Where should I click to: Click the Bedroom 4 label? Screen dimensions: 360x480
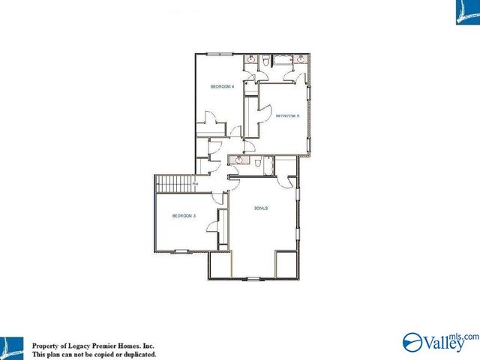point(223,87)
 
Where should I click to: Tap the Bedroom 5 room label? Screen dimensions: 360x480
point(287,115)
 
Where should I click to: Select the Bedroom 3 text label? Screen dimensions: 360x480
point(184,216)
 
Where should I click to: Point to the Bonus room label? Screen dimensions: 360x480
point(261,208)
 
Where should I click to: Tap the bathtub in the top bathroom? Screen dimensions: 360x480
point(283,60)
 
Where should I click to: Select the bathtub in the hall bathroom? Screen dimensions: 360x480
point(268,165)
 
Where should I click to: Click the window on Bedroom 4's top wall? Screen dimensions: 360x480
point(220,53)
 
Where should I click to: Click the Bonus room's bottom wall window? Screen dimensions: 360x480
point(253,278)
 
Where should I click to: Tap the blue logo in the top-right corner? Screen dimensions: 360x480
point(466,12)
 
